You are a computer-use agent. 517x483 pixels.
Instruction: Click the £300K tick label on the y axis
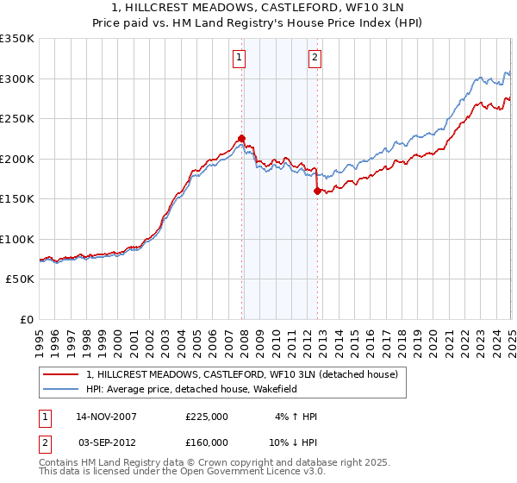pyautogui.click(x=17, y=79)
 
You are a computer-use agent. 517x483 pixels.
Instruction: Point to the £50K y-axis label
pyautogui.click(x=20, y=279)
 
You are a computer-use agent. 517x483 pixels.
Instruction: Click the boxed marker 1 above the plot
pyautogui.click(x=238, y=58)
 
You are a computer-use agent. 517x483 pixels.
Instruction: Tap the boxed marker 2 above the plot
pyautogui.click(x=315, y=58)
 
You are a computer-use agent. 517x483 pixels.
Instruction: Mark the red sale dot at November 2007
pyautogui.click(x=242, y=138)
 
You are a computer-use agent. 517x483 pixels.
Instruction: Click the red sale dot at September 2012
pyautogui.click(x=318, y=191)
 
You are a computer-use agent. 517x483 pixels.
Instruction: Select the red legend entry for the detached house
pyautogui.click(x=241, y=374)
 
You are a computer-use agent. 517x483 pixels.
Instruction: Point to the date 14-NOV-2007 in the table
pyautogui.click(x=107, y=417)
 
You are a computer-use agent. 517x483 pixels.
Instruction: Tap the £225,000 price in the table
pyautogui.click(x=207, y=417)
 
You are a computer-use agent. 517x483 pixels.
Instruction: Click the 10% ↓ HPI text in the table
pyautogui.click(x=293, y=444)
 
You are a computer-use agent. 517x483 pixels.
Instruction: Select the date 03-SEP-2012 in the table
pyautogui.click(x=107, y=444)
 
